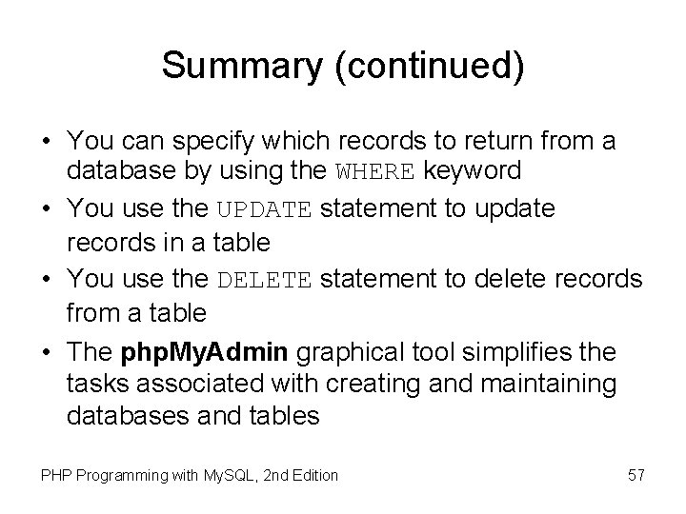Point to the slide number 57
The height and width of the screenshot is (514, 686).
(636, 474)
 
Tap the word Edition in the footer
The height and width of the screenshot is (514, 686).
(313, 474)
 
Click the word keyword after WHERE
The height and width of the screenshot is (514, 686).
(473, 172)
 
